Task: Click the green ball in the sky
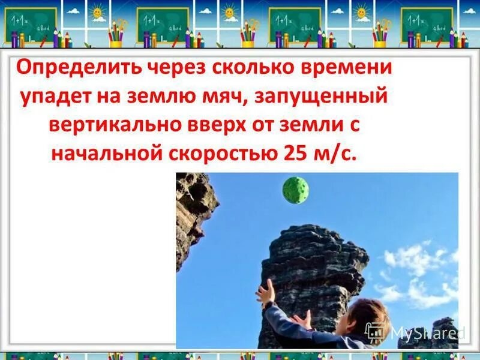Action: (296, 190)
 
